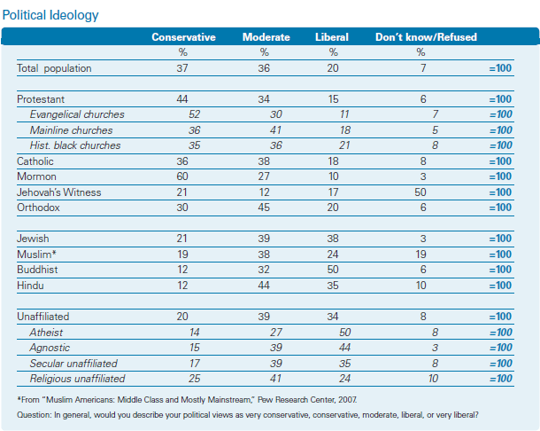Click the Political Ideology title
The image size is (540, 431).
tap(50, 15)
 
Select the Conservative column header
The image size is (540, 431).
tap(183, 37)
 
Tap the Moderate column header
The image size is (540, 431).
tap(266, 37)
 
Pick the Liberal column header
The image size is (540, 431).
tap(332, 37)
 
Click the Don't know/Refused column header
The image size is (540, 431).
tap(426, 37)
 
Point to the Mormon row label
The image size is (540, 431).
tap(36, 176)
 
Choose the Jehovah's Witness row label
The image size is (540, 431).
tap(59, 192)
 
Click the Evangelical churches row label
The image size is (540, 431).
tap(77, 114)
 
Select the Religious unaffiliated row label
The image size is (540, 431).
tap(77, 379)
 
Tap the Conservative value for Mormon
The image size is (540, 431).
tap(182, 176)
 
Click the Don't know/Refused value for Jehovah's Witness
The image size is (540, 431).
tap(420, 192)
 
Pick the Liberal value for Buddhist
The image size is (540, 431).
tap(333, 270)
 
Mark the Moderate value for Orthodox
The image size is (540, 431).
tap(264, 208)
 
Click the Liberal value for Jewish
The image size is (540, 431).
tap(333, 239)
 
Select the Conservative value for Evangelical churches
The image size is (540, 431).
tap(194, 114)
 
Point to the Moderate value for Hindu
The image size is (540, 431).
tap(264, 286)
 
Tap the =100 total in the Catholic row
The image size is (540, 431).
tap(500, 161)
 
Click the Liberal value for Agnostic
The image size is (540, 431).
tap(344, 348)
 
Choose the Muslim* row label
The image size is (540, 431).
tap(36, 255)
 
